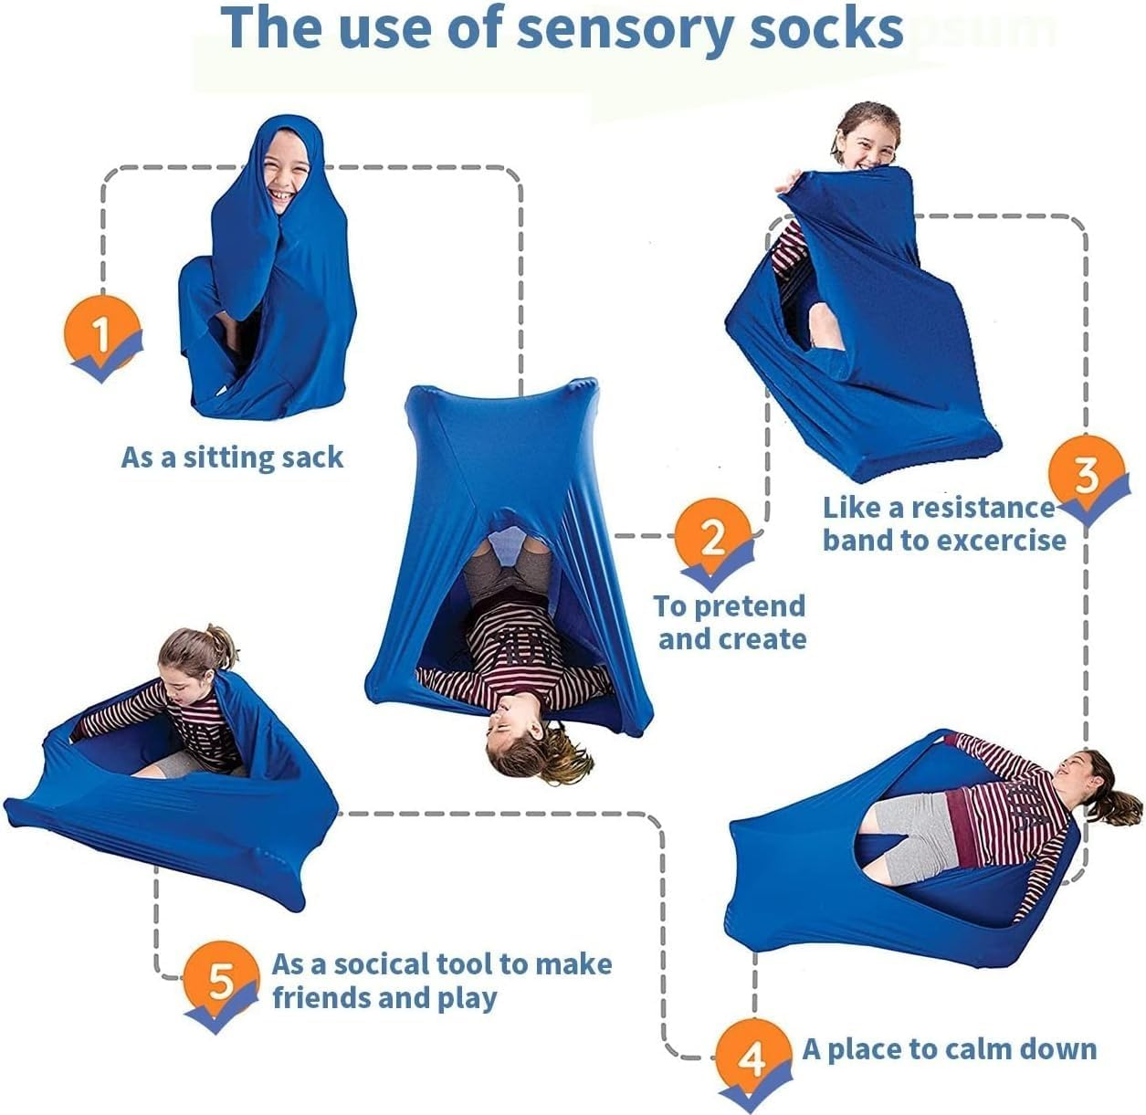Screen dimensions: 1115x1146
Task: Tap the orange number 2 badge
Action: click(712, 539)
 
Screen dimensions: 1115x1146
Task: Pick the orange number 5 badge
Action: click(221, 982)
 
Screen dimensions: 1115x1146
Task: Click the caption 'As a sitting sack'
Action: click(232, 458)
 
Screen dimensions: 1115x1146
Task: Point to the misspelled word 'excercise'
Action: click(1000, 541)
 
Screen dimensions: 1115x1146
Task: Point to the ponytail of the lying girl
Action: click(1119, 799)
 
